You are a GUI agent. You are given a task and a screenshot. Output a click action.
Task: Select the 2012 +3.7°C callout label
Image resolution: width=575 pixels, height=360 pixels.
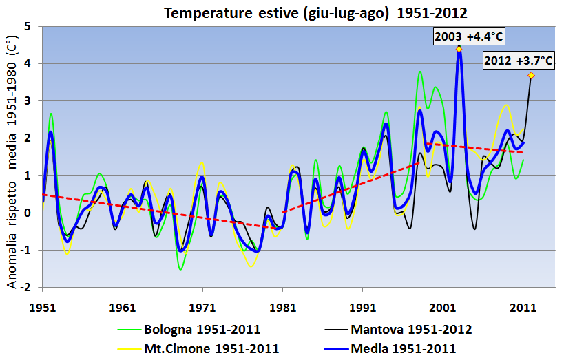519,61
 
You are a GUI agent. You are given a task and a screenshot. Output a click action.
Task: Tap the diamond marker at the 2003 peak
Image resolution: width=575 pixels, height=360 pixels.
459,49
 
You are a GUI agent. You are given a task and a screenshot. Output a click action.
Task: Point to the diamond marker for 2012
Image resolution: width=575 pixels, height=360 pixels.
531,75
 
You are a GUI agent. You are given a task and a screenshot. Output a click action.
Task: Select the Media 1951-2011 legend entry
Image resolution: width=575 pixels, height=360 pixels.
403,348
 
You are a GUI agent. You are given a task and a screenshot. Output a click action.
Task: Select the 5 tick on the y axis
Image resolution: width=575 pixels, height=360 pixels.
28,26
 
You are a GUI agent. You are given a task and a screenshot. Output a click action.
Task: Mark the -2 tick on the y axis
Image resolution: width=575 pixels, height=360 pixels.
25,287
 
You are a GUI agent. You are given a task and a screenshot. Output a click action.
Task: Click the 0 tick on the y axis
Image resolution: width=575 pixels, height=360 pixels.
28,213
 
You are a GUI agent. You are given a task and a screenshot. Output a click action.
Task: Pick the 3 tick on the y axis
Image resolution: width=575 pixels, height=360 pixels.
28,100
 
